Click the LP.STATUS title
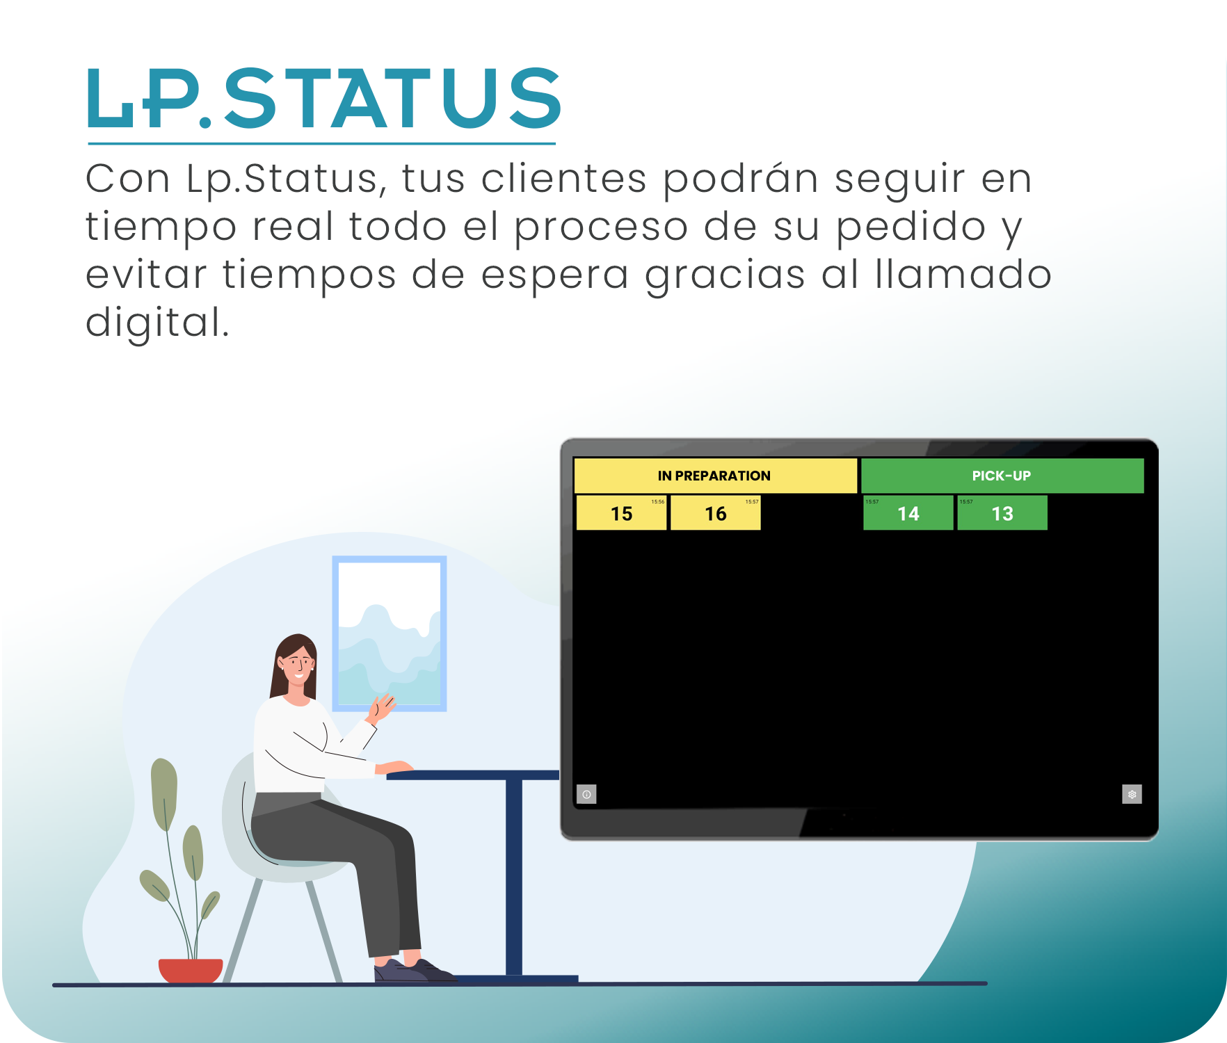pyautogui.click(x=323, y=99)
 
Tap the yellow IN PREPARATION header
pyautogui.click(x=714, y=476)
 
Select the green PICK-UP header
pyautogui.click(x=1002, y=476)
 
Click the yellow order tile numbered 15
pyautogui.click(x=621, y=514)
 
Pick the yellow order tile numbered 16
pyautogui.click(x=715, y=514)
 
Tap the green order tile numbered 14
pyautogui.click(x=908, y=514)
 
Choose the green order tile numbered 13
pyautogui.click(x=1002, y=514)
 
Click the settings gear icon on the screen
pyautogui.click(x=1132, y=794)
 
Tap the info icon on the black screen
pyautogui.click(x=586, y=794)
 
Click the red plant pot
pyautogui.click(x=191, y=969)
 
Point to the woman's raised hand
pyautogui.click(x=381, y=707)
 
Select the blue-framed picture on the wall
pyautogui.click(x=390, y=633)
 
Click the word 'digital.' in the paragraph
pyautogui.click(x=157, y=323)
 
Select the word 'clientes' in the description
pyautogui.click(x=563, y=179)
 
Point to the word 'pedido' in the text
pyautogui.click(x=911, y=227)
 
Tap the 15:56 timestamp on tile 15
pyautogui.click(x=657, y=501)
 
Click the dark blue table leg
pyautogui.click(x=513, y=876)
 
